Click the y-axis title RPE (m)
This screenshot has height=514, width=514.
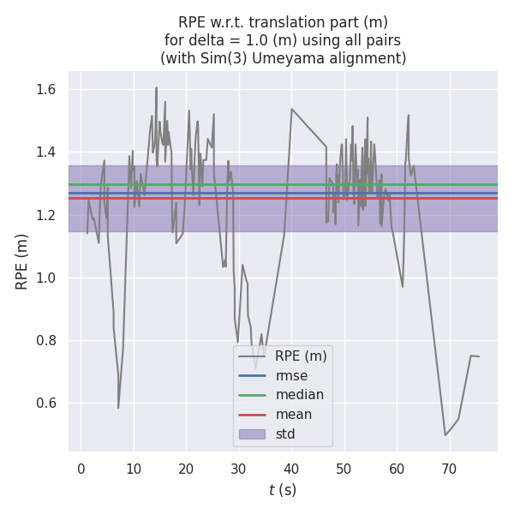tap(21, 261)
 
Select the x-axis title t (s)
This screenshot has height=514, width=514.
tap(283, 490)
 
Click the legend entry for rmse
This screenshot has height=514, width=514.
tap(291, 375)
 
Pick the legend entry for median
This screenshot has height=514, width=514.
tap(299, 395)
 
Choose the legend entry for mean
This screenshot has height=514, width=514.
tap(293, 415)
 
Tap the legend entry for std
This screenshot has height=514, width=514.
tap(285, 434)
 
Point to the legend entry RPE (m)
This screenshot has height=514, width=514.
tap(300, 356)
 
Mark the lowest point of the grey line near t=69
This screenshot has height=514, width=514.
tap(445, 434)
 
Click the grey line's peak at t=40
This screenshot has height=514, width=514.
tap(291, 109)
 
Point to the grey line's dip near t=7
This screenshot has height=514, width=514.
tap(118, 408)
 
